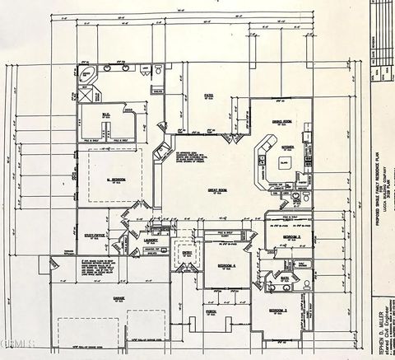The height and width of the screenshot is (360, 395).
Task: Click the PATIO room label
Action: click(209, 96)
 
